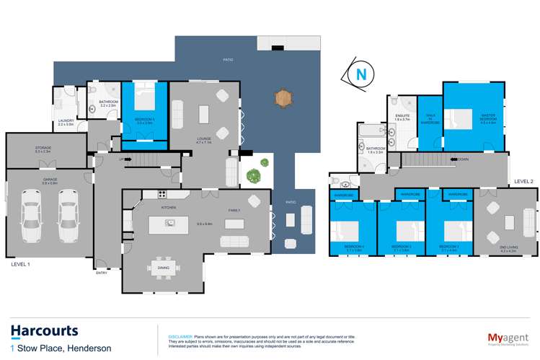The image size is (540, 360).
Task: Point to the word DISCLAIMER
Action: pyautogui.click(x=180, y=336)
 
